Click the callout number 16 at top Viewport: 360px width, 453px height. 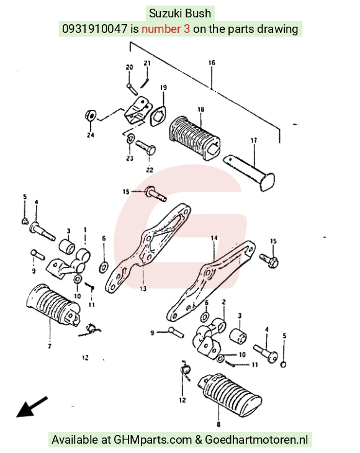[212, 63]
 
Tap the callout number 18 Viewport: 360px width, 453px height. [201, 109]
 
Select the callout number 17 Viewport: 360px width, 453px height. [254, 140]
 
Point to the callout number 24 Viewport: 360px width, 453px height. [91, 135]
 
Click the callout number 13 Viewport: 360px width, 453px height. [143, 289]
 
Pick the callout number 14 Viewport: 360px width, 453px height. [214, 238]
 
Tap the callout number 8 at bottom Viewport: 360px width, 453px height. [218, 424]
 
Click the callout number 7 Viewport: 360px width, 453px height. [50, 346]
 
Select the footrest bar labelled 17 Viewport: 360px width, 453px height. [250, 172]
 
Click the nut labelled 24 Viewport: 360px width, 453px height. [91, 115]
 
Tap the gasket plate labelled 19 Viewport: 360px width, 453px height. [158, 117]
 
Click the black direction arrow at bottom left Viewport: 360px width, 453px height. [31, 407]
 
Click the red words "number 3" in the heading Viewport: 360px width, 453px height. [166, 29]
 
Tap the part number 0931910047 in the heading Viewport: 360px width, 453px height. [94, 29]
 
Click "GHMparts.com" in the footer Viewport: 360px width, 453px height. [153, 440]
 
